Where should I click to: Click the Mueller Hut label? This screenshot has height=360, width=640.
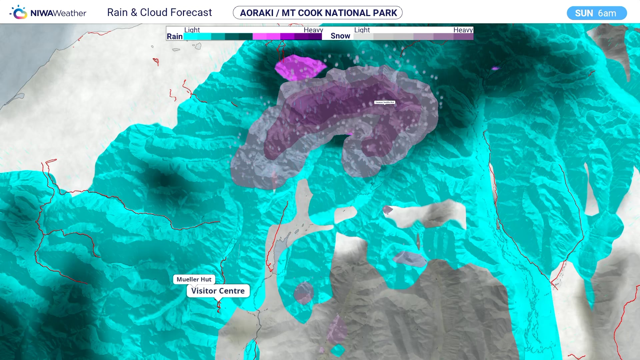pos(194,279)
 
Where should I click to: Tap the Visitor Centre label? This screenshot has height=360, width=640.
pos(218,291)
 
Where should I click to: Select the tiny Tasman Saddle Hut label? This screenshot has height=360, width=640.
pos(384,102)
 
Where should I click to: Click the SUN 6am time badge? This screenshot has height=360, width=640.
pos(596,13)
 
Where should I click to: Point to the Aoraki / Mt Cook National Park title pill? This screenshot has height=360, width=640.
pos(318,13)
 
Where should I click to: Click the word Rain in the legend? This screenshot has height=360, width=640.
pos(175,36)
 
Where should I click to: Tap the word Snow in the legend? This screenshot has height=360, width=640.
pos(340,36)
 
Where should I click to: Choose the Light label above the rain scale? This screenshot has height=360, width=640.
pos(192,30)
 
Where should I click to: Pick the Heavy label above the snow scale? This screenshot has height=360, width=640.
pos(463,30)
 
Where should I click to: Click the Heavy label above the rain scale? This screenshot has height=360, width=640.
pos(313,30)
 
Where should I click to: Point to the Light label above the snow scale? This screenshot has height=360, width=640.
pos(362,30)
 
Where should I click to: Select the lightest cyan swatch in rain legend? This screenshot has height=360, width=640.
pos(191,37)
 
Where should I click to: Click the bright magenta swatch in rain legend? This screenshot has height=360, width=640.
pos(260,37)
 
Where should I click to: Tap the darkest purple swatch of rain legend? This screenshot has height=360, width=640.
pos(315,37)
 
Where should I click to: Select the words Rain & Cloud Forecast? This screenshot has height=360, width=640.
pos(159,13)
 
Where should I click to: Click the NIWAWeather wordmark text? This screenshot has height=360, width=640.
pos(58,13)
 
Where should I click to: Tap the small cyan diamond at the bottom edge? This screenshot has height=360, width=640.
pos(338,350)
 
